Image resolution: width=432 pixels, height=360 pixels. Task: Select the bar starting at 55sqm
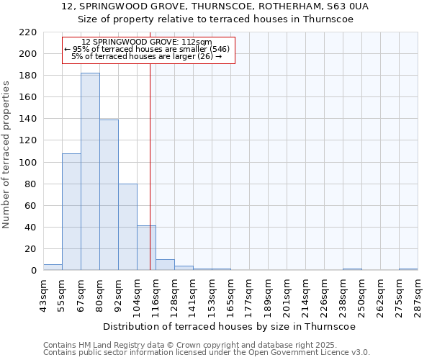click(x=71, y=212)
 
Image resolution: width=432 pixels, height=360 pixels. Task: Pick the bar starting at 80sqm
click(x=109, y=194)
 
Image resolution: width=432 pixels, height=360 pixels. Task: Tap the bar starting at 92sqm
click(x=127, y=227)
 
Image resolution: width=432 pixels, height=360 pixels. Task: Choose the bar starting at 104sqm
click(x=146, y=248)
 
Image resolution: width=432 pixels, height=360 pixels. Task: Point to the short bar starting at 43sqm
click(x=53, y=267)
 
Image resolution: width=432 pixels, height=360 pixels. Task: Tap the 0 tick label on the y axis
click(x=33, y=271)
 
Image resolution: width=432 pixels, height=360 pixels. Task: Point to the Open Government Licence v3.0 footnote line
click(x=207, y=352)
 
